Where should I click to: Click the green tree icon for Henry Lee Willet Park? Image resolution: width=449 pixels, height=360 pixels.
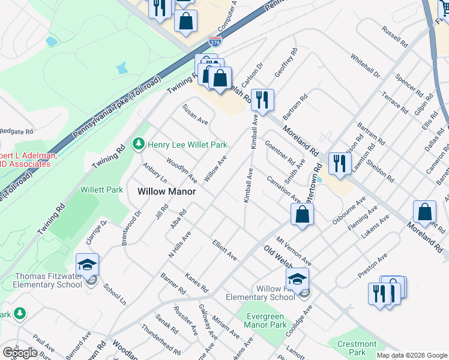[139, 144]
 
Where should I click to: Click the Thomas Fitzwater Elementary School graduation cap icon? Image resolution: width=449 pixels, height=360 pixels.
[88, 265]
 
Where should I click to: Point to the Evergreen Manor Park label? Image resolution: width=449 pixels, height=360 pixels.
[265, 320]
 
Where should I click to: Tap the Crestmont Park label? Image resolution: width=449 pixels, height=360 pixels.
[357, 348]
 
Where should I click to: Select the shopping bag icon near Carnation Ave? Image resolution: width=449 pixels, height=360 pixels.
[302, 214]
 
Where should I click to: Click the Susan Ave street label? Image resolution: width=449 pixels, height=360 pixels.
[196, 114]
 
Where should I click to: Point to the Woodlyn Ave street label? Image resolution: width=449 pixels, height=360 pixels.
[181, 170]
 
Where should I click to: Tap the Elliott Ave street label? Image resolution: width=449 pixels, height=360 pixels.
[224, 250]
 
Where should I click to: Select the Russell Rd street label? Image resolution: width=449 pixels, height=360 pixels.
[395, 37]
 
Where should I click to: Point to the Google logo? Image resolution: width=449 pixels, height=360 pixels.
[20, 353]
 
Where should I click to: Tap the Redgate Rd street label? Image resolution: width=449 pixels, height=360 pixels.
[16, 131]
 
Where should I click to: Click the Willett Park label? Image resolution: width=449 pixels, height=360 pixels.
[101, 190]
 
